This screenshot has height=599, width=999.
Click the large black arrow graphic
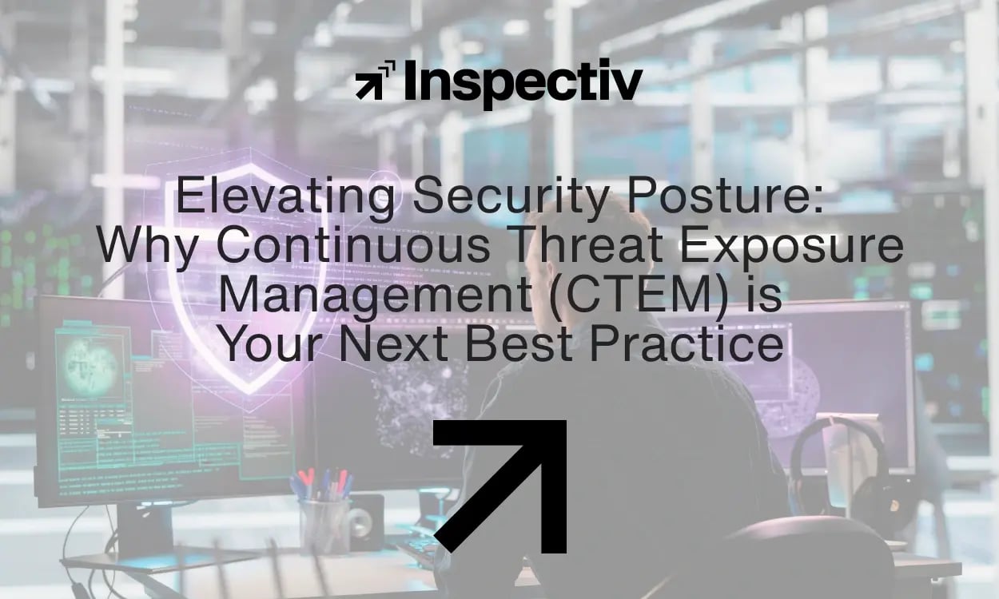(501, 486)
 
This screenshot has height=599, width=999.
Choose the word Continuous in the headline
(353, 246)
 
